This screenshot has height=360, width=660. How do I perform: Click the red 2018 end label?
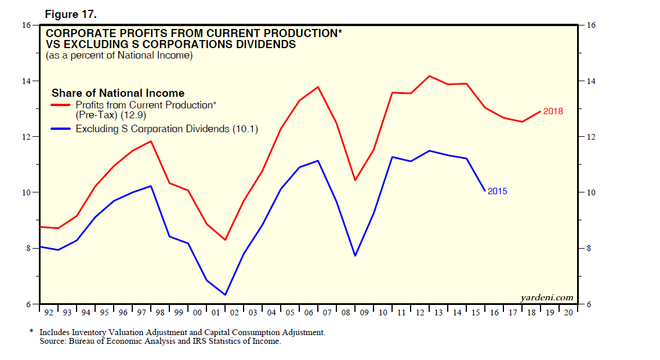coord(553,111)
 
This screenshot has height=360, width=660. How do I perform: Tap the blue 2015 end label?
coord(498,191)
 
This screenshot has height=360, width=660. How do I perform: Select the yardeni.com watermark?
coord(547,297)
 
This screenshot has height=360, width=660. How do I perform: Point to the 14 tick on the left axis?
coord(27,81)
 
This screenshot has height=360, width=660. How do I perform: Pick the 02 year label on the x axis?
coord(235,313)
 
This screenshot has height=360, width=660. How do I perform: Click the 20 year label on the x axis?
coord(569,313)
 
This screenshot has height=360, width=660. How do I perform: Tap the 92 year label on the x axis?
coord(49,313)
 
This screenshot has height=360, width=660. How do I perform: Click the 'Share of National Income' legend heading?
coord(118,93)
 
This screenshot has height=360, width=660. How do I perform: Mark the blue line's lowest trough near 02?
coord(225,294)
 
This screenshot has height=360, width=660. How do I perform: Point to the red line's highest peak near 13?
coord(429,76)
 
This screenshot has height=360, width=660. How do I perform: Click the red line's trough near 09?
coord(355,180)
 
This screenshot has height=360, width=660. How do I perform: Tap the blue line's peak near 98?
coord(151,186)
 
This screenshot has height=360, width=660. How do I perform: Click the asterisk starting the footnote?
coord(31,333)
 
